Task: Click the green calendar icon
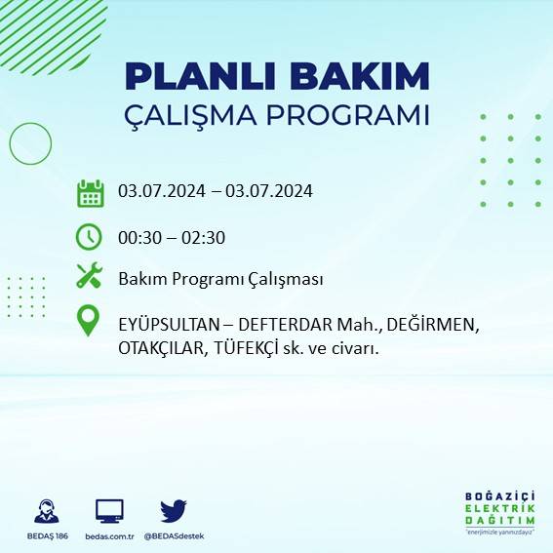(x=90, y=192)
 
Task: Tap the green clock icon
(x=90, y=236)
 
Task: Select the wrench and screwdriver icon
(x=90, y=276)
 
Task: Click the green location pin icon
(x=90, y=321)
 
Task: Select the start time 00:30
(x=138, y=237)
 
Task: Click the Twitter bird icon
(x=174, y=510)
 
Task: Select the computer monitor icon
(x=109, y=510)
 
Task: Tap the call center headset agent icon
(x=46, y=510)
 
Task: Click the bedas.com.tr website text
(x=108, y=536)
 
